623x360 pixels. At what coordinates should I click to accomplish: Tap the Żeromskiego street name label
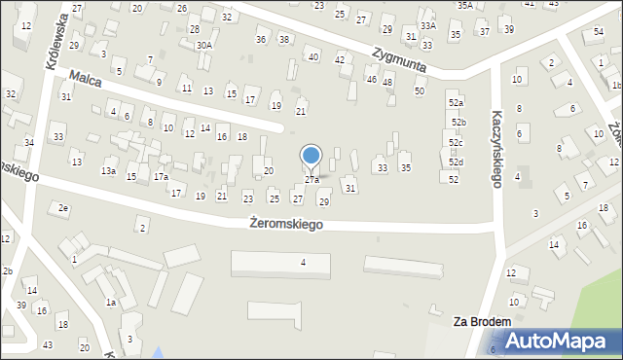click(x=286, y=224)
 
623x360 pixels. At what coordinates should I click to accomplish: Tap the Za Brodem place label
click(x=482, y=320)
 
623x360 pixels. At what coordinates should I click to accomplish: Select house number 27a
click(x=311, y=180)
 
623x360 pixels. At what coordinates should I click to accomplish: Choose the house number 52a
click(x=456, y=102)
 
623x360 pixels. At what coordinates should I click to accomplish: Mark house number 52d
click(x=456, y=162)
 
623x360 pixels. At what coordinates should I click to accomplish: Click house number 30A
click(x=203, y=45)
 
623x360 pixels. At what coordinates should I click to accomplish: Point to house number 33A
click(x=428, y=25)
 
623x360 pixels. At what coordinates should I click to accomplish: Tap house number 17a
click(x=161, y=177)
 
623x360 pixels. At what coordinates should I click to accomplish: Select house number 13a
click(x=108, y=171)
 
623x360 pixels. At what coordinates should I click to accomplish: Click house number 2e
click(x=63, y=208)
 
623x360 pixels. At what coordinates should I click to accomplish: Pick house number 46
click(x=371, y=79)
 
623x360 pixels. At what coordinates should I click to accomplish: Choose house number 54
click(x=598, y=32)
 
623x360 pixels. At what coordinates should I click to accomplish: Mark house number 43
click(x=48, y=345)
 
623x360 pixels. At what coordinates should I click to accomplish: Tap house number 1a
click(x=111, y=303)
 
